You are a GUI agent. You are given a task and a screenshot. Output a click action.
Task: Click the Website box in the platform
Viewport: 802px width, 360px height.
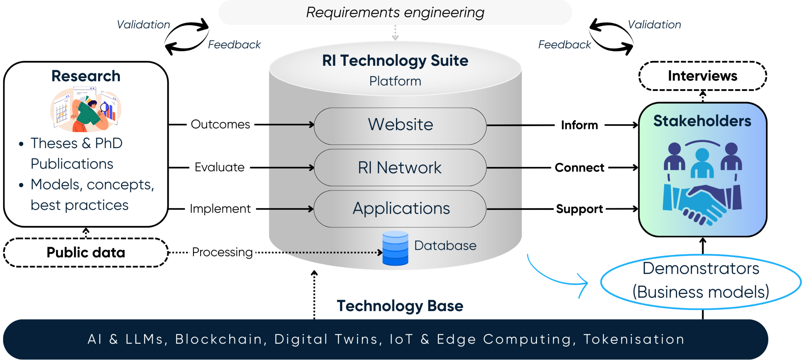click(x=400, y=126)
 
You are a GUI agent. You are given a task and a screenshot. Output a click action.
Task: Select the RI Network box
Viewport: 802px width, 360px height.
click(x=400, y=168)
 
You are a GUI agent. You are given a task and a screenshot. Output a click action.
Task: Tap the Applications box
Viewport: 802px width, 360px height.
click(x=400, y=209)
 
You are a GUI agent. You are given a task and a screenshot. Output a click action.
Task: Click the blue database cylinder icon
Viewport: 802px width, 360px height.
click(x=395, y=248)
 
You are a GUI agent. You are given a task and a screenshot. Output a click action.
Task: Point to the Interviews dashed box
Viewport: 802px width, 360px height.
click(x=702, y=76)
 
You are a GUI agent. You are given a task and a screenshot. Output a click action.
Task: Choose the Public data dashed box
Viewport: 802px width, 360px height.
click(x=86, y=253)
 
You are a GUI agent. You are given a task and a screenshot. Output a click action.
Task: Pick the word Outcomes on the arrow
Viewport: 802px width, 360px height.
click(x=220, y=124)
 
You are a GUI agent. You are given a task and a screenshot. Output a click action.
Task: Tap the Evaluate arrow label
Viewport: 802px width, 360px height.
click(x=219, y=167)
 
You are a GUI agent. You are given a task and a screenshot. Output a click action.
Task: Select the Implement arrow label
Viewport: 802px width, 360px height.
click(x=220, y=209)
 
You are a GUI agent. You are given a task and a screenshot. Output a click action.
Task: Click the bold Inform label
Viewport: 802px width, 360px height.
click(x=579, y=125)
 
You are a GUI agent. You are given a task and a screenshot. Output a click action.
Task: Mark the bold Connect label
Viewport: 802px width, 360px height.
click(x=579, y=168)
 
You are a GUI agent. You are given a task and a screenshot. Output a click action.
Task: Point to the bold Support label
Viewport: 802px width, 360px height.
click(x=579, y=209)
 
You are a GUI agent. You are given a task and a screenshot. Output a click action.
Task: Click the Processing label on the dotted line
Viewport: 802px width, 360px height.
click(x=222, y=252)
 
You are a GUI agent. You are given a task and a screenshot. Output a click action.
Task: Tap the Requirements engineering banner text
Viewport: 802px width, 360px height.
click(x=395, y=13)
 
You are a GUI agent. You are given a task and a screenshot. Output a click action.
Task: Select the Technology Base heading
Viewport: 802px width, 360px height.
click(x=400, y=306)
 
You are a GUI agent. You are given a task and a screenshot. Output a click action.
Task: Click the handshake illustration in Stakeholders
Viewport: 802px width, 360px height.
click(x=702, y=204)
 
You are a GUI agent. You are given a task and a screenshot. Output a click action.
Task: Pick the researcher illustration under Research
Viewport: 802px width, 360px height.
click(x=86, y=110)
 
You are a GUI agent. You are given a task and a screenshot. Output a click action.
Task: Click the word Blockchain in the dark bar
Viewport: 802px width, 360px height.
click(x=218, y=339)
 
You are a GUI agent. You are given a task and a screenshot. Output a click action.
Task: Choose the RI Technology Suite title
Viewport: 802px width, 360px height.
click(x=395, y=60)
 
